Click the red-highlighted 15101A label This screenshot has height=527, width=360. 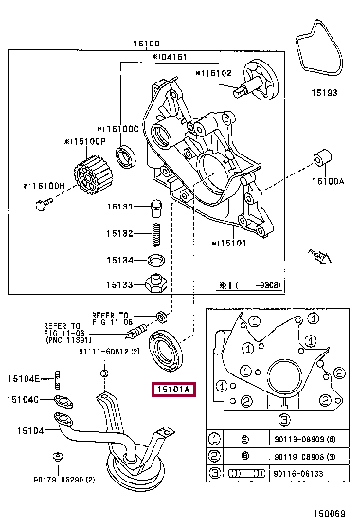(x=173, y=389)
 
